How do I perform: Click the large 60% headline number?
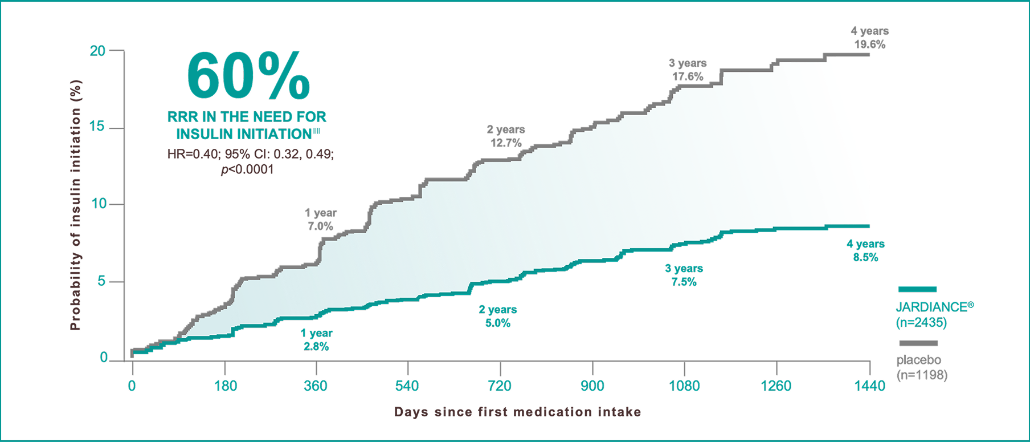pyautogui.click(x=248, y=76)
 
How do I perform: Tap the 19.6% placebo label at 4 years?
pyautogui.click(x=869, y=44)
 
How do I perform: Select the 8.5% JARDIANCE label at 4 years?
pyautogui.click(x=865, y=257)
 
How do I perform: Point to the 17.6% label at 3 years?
pyautogui.click(x=688, y=76)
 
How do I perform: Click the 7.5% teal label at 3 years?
pyautogui.click(x=684, y=282)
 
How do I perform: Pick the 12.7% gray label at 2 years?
pyautogui.click(x=506, y=143)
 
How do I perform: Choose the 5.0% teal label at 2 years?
pyautogui.click(x=497, y=323)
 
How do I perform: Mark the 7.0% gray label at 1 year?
pyautogui.click(x=320, y=226)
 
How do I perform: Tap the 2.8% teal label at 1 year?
pyautogui.click(x=316, y=346)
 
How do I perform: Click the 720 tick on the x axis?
pyautogui.click(x=500, y=386)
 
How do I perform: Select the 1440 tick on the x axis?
pyautogui.click(x=869, y=386)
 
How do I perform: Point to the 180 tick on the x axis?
pyautogui.click(x=225, y=386)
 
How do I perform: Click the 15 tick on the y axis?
pyautogui.click(x=97, y=127)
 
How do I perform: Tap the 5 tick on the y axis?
pyautogui.click(x=101, y=281)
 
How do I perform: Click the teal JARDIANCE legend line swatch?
pyautogui.click(x=917, y=289)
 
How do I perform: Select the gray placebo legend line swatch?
pyautogui.click(x=918, y=343)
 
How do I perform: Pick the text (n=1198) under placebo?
pyautogui.click(x=922, y=375)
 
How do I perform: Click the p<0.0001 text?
pyautogui.click(x=247, y=169)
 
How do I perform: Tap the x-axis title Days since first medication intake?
pyautogui.click(x=517, y=412)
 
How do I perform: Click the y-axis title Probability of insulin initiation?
pyautogui.click(x=75, y=205)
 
